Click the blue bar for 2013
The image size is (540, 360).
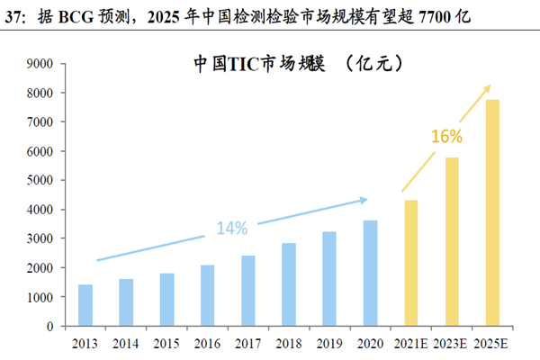pyautogui.click(x=85, y=305)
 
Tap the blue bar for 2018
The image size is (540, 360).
pyautogui.click(x=289, y=284)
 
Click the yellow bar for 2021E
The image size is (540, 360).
pyautogui.click(x=410, y=263)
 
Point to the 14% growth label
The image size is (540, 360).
pyautogui.click(x=231, y=228)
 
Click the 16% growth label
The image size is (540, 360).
pyautogui.click(x=446, y=137)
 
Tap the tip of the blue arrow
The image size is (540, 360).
pyautogui.click(x=366, y=199)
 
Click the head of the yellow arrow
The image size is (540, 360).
pyautogui.click(x=490, y=86)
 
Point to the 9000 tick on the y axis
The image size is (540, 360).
pyautogui.click(x=41, y=64)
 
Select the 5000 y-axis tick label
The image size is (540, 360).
pyautogui.click(x=41, y=180)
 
